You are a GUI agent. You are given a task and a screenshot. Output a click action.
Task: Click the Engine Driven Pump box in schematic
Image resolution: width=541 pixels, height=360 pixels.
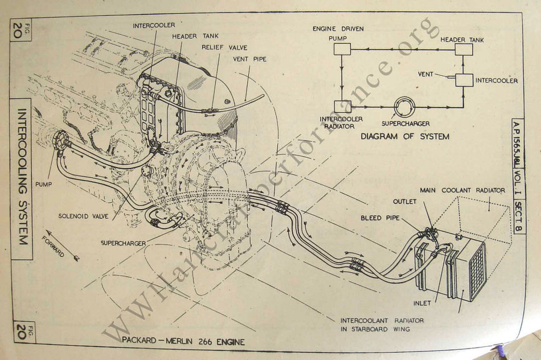(342, 50)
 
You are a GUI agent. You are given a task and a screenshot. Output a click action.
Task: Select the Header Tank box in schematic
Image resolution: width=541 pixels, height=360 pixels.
(464, 50)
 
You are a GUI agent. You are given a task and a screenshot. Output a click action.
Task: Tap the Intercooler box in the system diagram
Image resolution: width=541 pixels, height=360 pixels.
(465, 80)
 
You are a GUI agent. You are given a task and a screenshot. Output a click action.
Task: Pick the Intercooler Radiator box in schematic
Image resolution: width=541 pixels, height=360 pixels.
(342, 107)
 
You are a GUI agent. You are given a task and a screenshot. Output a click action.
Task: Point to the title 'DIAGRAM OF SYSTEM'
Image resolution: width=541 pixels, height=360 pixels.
(404, 137)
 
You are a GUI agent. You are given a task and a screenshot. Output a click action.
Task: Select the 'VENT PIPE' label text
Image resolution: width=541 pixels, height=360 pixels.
(249, 59)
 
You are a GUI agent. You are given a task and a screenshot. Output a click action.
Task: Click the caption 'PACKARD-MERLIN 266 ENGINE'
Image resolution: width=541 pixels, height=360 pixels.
(183, 342)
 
